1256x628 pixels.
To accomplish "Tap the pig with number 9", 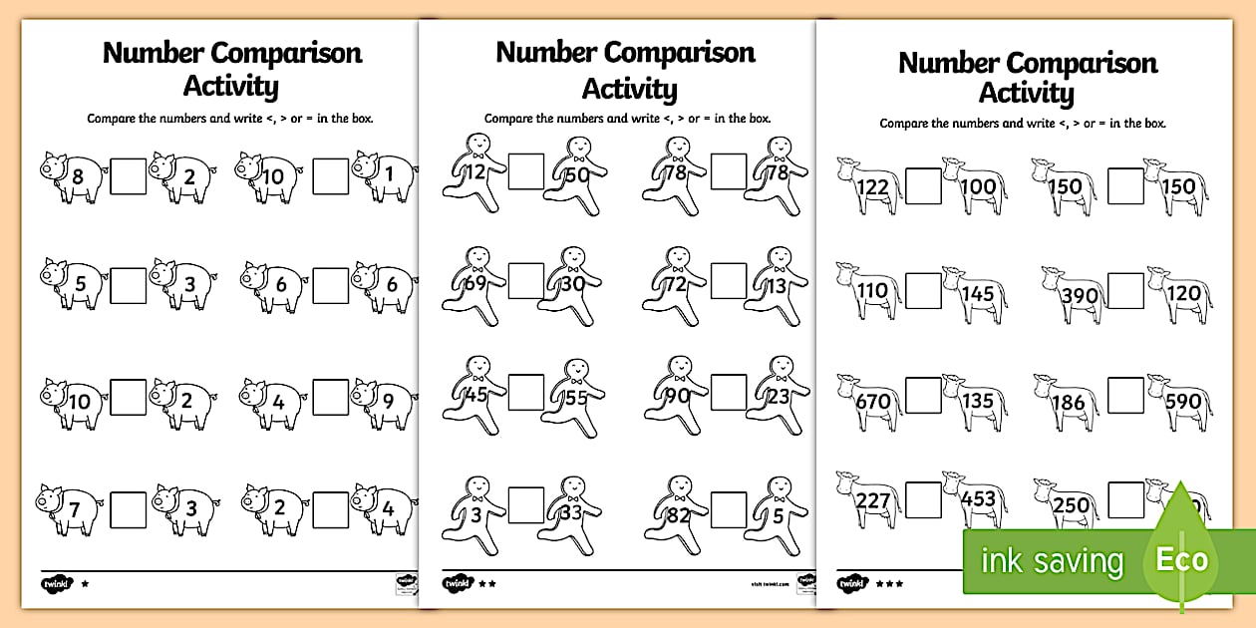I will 385,403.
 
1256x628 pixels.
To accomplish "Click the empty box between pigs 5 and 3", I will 127,286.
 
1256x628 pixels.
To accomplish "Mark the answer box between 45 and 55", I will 525,393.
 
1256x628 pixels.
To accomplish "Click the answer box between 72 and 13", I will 728,282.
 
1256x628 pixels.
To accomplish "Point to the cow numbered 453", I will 977,498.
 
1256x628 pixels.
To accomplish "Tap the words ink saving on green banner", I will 1052,561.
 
